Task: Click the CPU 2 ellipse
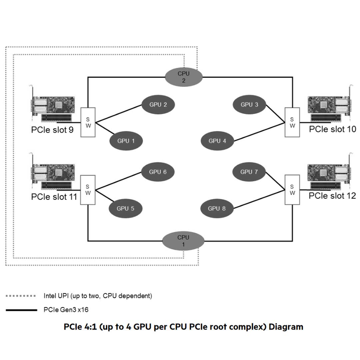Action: click(x=184, y=77)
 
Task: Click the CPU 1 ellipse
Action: click(x=183, y=241)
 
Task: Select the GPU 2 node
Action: click(x=158, y=105)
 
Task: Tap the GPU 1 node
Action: click(x=126, y=141)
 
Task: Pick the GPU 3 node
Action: click(x=250, y=105)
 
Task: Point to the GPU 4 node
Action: click(x=217, y=141)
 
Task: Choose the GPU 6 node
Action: click(x=158, y=172)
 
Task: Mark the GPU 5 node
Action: click(x=126, y=209)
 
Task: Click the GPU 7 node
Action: click(x=249, y=172)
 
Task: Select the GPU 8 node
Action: click(x=217, y=209)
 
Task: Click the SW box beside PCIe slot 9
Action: click(x=88, y=122)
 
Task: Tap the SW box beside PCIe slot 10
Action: click(x=292, y=122)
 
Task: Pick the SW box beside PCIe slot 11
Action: click(x=88, y=190)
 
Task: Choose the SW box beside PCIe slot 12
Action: click(x=292, y=190)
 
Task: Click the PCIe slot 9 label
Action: click(x=52, y=130)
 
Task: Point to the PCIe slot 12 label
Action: click(x=332, y=196)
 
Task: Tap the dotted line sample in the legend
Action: click(x=21, y=296)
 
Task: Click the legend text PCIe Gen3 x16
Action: click(x=66, y=310)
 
